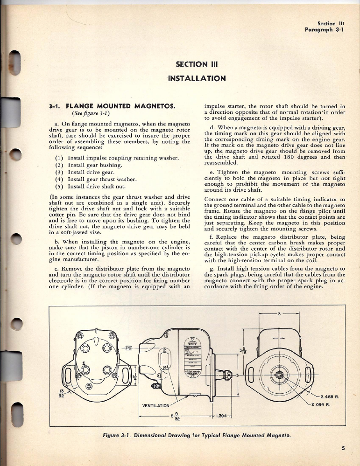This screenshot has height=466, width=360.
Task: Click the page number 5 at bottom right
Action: [343, 449]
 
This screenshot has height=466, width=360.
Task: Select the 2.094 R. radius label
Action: [321, 404]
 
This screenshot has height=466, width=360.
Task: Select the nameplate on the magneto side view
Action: [192, 358]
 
